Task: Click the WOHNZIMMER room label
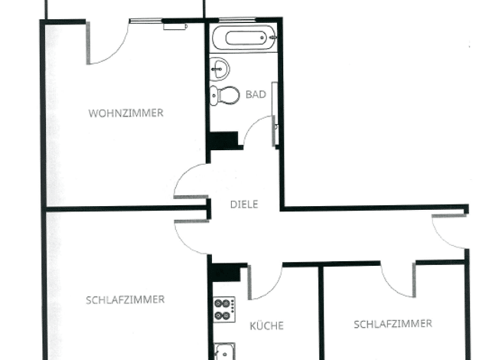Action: (x=125, y=113)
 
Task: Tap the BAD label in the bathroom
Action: (x=256, y=94)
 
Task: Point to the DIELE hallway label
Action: (x=244, y=205)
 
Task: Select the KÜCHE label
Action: (x=267, y=326)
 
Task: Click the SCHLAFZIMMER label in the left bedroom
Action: (x=125, y=299)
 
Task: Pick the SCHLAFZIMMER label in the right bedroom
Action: (x=393, y=324)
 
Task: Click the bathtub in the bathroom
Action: (x=244, y=38)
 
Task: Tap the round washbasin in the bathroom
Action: (x=220, y=69)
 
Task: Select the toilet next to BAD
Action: (x=225, y=95)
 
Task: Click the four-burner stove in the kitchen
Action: (x=224, y=309)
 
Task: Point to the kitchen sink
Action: (x=224, y=351)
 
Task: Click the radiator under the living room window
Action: (x=175, y=27)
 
